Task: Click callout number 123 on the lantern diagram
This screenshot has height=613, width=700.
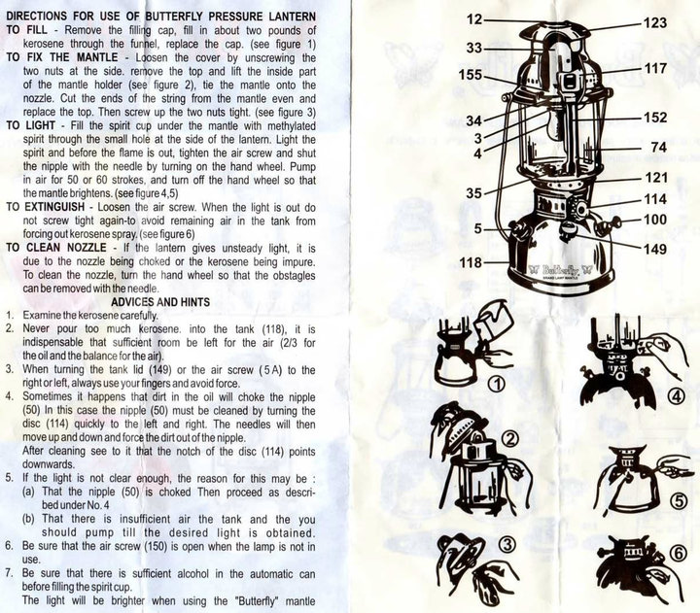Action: [x=655, y=21]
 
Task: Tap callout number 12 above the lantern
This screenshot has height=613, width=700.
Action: [x=474, y=18]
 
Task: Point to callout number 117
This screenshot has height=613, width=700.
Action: [x=655, y=69]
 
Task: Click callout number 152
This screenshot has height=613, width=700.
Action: [x=655, y=118]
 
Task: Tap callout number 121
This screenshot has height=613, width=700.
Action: [x=655, y=178]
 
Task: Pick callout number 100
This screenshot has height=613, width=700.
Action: [x=655, y=220]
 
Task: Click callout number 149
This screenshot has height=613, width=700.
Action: [x=655, y=247]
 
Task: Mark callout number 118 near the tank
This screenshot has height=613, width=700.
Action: [x=472, y=262]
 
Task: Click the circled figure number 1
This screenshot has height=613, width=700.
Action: [x=498, y=384]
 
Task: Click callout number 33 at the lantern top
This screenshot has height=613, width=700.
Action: [x=474, y=46]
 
